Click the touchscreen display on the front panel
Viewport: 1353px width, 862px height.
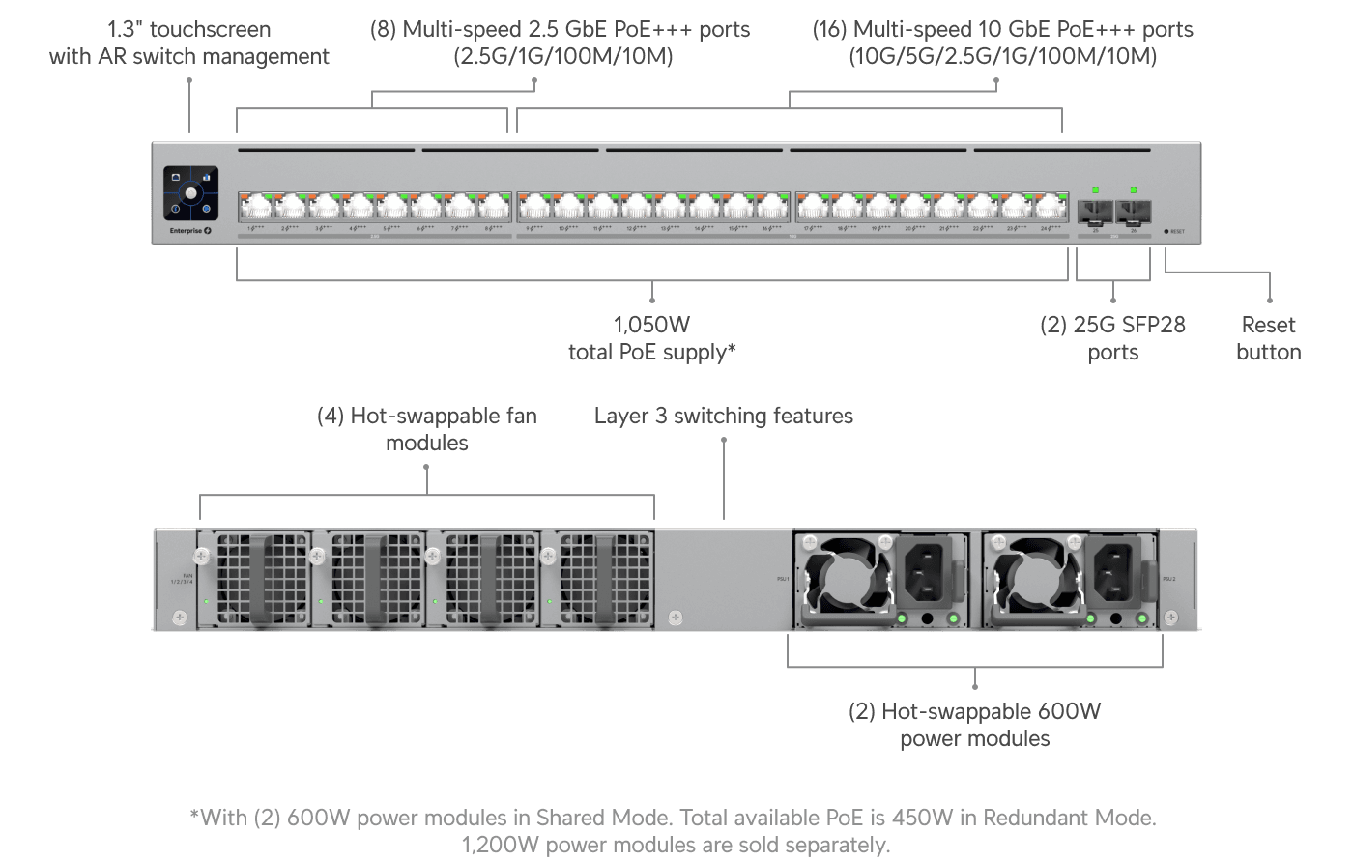click(190, 192)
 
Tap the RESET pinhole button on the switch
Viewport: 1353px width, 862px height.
click(1166, 232)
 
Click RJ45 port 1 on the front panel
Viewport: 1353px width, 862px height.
click(256, 207)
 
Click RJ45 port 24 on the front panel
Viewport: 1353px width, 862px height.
click(1050, 207)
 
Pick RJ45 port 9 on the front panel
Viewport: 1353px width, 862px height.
click(533, 207)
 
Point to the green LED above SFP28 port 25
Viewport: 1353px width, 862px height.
click(1095, 190)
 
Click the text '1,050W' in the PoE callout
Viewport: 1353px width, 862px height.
click(651, 325)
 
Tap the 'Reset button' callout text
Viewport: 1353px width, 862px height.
click(1268, 338)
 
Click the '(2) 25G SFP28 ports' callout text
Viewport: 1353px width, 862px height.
click(1112, 338)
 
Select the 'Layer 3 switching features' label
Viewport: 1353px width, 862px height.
click(723, 416)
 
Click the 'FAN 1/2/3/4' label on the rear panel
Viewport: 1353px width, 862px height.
click(182, 579)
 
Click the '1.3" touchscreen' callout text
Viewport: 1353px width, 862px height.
click(189, 30)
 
